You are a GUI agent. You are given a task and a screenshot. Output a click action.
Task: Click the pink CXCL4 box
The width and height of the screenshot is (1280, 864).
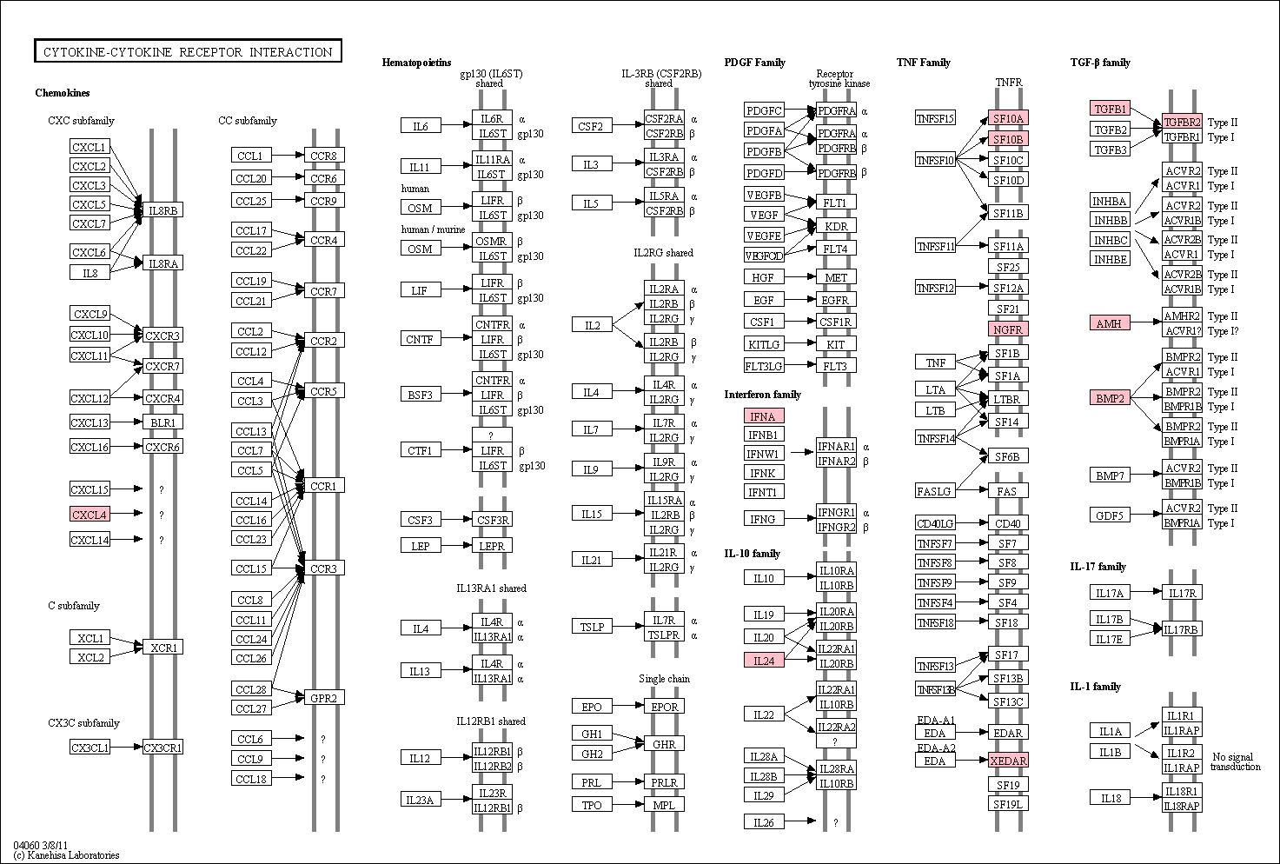tap(90, 515)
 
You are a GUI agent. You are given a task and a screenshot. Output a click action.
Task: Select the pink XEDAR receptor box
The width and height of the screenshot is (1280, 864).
tap(1008, 761)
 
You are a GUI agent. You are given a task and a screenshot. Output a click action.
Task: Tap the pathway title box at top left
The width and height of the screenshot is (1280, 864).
tap(188, 51)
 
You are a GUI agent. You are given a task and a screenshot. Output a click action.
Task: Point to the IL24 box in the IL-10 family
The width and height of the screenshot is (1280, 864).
tap(764, 661)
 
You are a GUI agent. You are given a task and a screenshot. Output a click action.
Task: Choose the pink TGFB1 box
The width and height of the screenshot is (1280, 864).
tap(1110, 109)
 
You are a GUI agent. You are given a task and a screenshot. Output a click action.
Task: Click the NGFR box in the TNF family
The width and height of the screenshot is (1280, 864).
tap(1008, 329)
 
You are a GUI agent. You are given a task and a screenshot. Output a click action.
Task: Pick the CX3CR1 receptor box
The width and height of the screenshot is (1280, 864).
tap(162, 747)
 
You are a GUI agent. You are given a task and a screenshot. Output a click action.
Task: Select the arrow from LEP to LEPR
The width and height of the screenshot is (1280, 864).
tap(456, 545)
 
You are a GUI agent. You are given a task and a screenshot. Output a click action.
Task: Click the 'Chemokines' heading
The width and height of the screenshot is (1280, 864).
tap(63, 92)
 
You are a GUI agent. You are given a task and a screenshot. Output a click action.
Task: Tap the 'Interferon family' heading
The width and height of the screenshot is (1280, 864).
tap(762, 395)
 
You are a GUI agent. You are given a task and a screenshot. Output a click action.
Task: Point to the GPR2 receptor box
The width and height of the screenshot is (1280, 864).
tap(324, 698)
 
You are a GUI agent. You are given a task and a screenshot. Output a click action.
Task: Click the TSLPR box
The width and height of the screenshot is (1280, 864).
tap(664, 635)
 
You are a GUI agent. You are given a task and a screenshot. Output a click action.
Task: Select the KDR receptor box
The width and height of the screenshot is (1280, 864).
tap(836, 226)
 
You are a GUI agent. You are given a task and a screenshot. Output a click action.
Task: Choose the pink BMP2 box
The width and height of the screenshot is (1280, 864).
tap(1110, 398)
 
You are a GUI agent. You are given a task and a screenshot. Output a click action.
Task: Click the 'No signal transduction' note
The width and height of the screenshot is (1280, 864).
tap(1236, 761)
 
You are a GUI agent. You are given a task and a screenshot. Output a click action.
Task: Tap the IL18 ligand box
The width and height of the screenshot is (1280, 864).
tap(1111, 798)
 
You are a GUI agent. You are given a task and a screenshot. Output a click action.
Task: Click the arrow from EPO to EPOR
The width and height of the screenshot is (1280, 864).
tap(628, 706)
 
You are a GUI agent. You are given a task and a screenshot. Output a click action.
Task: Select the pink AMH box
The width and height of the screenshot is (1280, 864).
tap(1110, 323)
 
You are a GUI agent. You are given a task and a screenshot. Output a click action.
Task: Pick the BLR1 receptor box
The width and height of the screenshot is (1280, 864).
tap(162, 422)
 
